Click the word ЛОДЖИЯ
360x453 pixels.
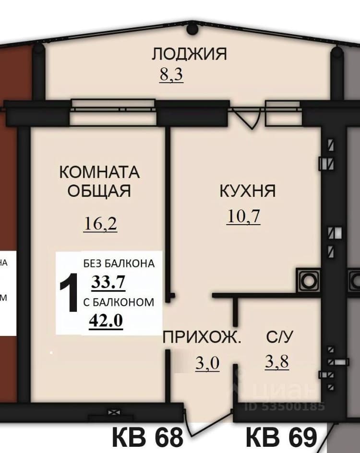coord(189,54)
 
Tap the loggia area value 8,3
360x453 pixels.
coord(171,74)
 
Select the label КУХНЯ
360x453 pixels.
coord(248,191)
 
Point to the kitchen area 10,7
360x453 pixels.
coord(243,216)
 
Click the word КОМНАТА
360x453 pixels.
coord(99,172)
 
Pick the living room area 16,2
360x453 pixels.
coord(100,224)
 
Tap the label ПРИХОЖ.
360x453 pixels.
coord(202,337)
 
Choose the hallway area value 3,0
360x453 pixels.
coord(207,363)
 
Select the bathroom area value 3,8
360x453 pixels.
coord(277,361)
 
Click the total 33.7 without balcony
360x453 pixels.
coord(108,282)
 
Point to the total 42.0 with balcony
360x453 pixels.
coord(106,321)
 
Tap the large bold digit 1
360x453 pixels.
coord(69,293)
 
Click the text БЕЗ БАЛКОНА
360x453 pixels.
coord(119,263)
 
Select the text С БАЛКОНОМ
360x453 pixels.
coord(119,302)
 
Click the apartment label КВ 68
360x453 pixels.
coord(147,437)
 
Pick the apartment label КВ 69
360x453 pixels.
coord(281,437)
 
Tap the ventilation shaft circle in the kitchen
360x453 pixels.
coord(309,281)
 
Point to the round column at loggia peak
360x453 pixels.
coord(192,29)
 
